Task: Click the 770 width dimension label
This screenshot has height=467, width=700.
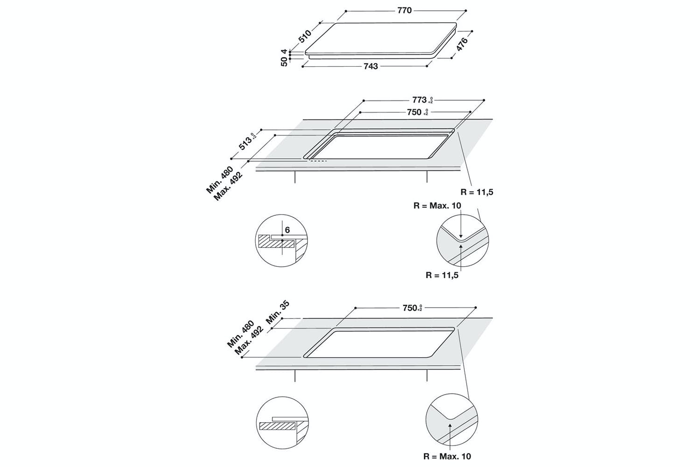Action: pos(404,10)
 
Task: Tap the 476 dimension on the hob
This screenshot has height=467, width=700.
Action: pos(462,45)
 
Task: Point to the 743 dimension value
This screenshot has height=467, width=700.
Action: pos(370,66)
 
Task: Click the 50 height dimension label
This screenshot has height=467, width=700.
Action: pos(284,61)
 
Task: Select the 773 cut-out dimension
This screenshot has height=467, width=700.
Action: pos(419,99)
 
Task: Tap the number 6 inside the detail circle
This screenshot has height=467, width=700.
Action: pos(287,230)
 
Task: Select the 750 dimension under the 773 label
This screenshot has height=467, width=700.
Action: pos(414,112)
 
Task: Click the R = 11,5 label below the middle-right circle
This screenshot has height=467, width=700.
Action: pos(441,275)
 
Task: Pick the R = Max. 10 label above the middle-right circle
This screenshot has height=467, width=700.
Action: pos(437,205)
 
